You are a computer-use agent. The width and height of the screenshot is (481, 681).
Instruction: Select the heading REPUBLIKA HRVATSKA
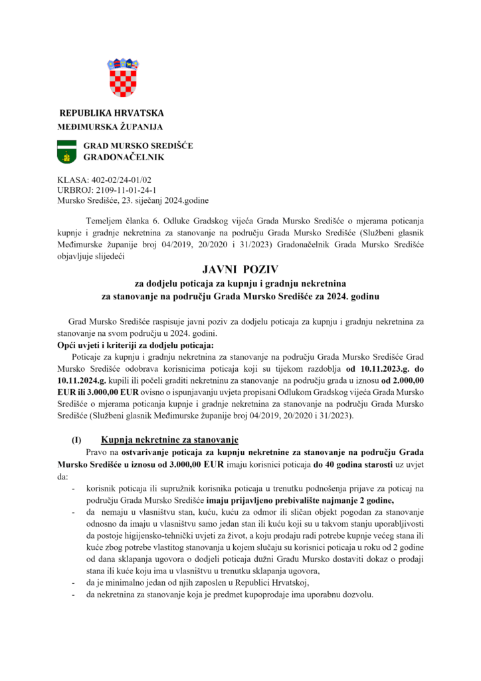112,113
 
